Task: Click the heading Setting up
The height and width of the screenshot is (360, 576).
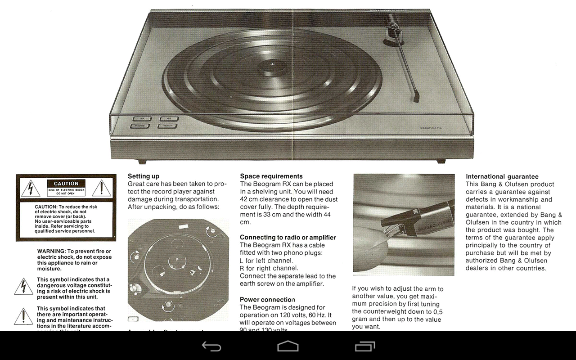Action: tap(144, 176)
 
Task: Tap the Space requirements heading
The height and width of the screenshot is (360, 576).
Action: tap(271, 176)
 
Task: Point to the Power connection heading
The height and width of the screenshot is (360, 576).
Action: tap(267, 299)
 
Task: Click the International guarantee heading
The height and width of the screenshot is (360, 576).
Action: tap(502, 176)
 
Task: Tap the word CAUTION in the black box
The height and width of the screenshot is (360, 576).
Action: tap(66, 184)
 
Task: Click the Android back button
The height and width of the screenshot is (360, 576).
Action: tap(211, 346)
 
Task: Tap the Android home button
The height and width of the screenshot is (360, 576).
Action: tap(288, 346)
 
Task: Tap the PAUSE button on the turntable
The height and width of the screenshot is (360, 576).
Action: tap(141, 126)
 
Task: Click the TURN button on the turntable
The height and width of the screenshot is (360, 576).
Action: tap(167, 126)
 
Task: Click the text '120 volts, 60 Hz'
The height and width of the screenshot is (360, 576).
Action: tap(301, 315)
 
